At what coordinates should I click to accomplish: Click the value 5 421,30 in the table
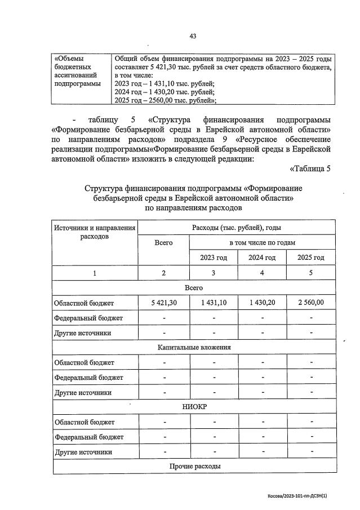click(x=164, y=303)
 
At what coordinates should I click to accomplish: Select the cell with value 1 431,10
click(x=214, y=303)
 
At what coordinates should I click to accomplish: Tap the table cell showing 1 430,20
click(x=262, y=303)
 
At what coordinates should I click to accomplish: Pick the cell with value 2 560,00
click(x=311, y=303)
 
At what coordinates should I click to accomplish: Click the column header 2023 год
click(x=214, y=258)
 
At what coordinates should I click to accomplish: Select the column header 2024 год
click(x=262, y=258)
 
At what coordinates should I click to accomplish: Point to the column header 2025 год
click(x=311, y=258)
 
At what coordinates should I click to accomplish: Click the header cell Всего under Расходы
click(x=164, y=242)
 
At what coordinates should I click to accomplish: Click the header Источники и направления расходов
click(x=95, y=232)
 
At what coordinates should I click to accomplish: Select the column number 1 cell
click(x=95, y=273)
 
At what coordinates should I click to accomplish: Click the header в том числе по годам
click(x=262, y=242)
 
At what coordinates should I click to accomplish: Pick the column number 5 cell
click(x=311, y=273)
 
